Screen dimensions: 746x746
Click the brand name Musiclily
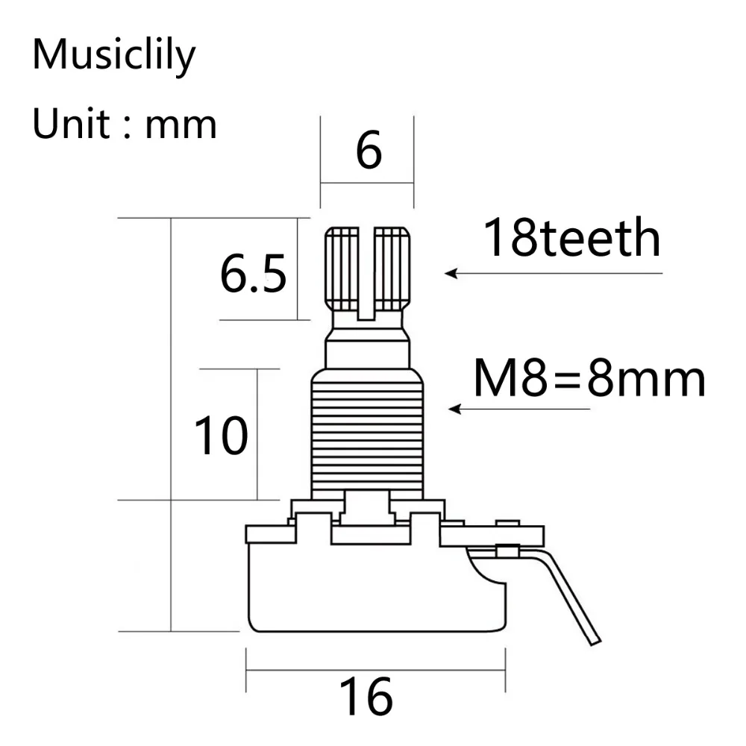tap(113, 57)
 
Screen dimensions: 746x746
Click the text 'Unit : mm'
tap(125, 124)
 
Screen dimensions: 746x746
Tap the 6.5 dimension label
tap(253, 275)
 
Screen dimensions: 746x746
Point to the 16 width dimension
tap(366, 698)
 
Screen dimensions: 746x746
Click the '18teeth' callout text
tap(571, 239)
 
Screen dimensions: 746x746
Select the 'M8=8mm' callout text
tap(589, 380)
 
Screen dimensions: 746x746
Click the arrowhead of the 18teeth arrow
tap(450, 274)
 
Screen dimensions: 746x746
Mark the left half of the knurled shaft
tap(342, 269)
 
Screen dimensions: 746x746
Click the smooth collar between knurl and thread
tap(366, 351)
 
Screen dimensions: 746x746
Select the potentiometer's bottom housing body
tap(366, 589)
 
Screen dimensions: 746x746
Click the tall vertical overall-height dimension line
tap(172, 425)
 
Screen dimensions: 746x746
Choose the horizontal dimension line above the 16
tap(377, 670)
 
